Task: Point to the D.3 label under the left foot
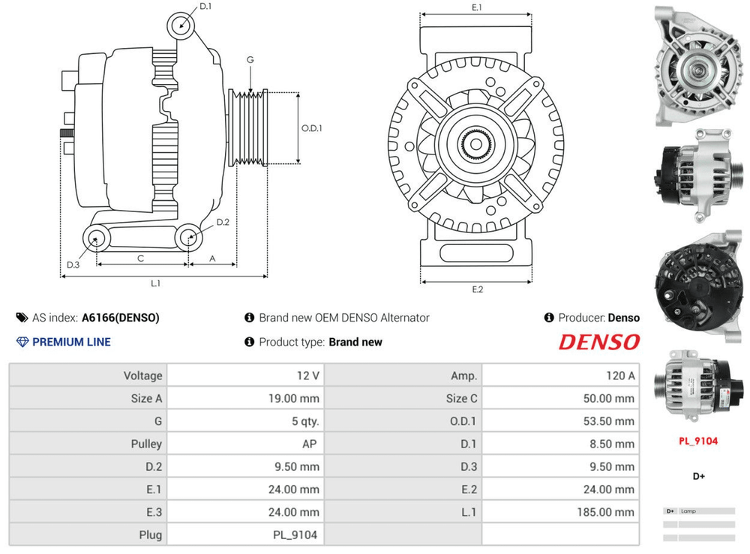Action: point(73,265)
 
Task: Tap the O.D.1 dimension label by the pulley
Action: point(312,128)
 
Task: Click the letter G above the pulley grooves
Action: point(250,60)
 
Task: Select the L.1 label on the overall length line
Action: point(156,283)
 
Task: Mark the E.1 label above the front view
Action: point(477,7)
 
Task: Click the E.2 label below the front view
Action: point(478,289)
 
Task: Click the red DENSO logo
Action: point(599,343)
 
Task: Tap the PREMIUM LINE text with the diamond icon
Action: point(71,342)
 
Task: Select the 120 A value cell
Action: point(620,376)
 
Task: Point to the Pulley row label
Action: point(146,444)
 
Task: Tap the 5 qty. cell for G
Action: point(304,421)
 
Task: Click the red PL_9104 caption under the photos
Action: point(697,441)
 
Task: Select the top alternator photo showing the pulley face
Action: point(697,66)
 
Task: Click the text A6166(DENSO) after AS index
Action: point(120,318)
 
